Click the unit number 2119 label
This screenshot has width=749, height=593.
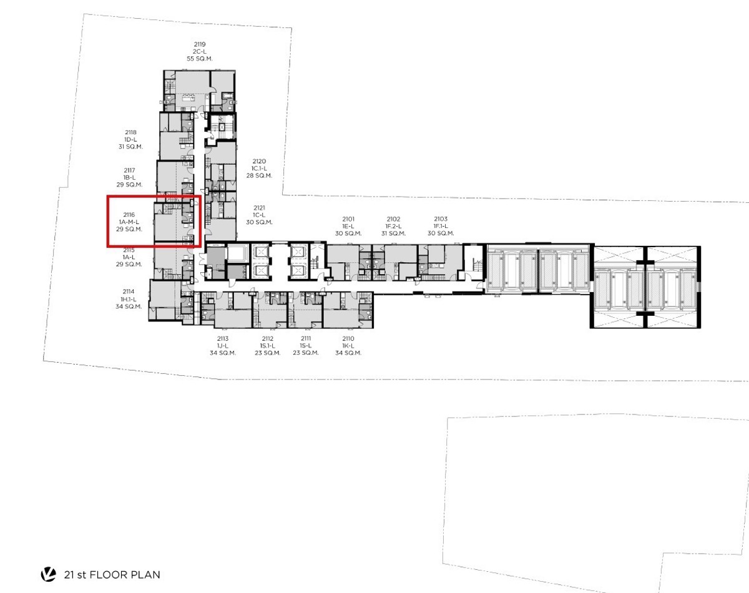pos(200,44)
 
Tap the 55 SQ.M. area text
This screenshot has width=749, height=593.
pos(200,59)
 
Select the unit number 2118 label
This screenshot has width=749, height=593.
pos(130,132)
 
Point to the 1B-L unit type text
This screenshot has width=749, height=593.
pos(129,177)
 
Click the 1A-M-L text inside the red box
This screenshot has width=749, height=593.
pos(129,222)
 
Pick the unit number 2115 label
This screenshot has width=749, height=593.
pos(129,250)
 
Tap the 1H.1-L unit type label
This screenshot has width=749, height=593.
pos(129,299)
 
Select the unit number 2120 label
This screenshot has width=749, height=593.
pos(259,161)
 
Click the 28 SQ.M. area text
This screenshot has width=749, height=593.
pos(259,175)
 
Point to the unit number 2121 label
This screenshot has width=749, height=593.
pos(259,208)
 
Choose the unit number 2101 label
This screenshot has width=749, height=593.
pos(348,219)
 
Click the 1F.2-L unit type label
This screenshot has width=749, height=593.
pos(393,227)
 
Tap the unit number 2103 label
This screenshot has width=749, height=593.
pos(441,219)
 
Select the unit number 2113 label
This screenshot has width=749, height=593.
pos(223,338)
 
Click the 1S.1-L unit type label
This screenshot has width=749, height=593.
pos(267,346)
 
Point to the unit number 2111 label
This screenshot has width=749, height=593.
pos(306,338)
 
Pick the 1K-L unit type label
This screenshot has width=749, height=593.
pos(348,346)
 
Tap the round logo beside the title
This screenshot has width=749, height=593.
pos(49,574)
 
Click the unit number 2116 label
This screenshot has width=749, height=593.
pos(129,215)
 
